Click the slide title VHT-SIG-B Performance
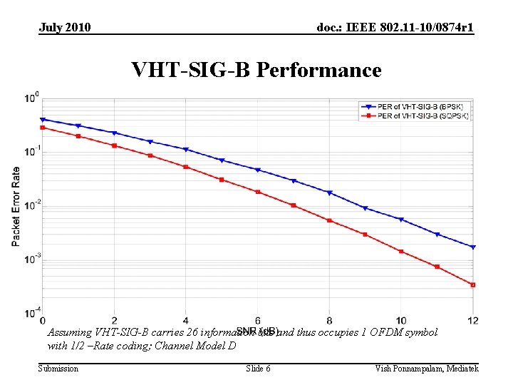pyautogui.click(x=256, y=70)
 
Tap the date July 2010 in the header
pyautogui.click(x=65, y=28)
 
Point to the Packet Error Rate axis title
pyautogui.click(x=16, y=207)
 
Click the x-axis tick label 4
pyautogui.click(x=186, y=320)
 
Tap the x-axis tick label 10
pyautogui.click(x=400, y=320)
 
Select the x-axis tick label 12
pyautogui.click(x=472, y=320)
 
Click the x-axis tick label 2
pyautogui.click(x=114, y=320)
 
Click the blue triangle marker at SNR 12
pyautogui.click(x=472, y=247)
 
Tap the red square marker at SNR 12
pyautogui.click(x=472, y=285)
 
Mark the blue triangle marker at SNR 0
pyautogui.click(x=43, y=120)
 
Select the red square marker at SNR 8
pyautogui.click(x=329, y=220)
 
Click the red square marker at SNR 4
pyautogui.click(x=186, y=167)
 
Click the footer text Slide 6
pyautogui.click(x=258, y=369)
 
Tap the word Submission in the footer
pyautogui.click(x=58, y=369)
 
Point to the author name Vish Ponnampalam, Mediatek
pyautogui.click(x=427, y=369)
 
